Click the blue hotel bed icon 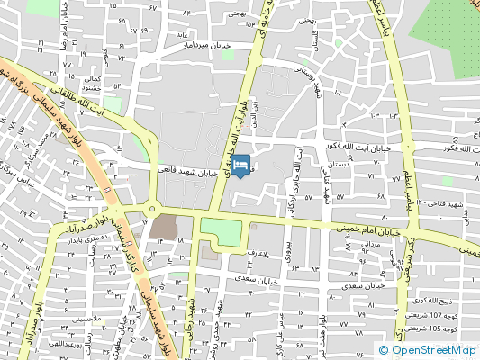pyautogui.click(x=240, y=165)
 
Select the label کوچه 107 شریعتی pyautogui.click(x=434, y=315)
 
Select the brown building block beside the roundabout pyautogui.click(x=165, y=226)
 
